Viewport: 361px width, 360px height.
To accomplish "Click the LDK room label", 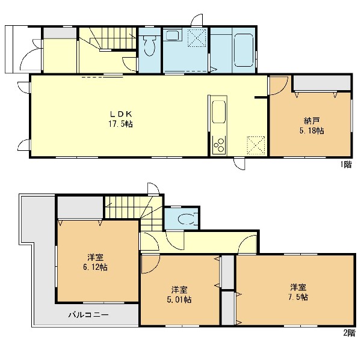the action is (x=121, y=114).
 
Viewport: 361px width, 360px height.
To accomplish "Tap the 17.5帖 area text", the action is (x=120, y=124).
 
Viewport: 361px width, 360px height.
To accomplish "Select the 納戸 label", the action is (x=312, y=121).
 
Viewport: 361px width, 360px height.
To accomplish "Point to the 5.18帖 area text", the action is (x=312, y=131).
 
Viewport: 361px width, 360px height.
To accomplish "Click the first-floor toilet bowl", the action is (x=150, y=46).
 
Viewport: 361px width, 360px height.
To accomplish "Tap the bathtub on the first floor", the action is (x=244, y=50).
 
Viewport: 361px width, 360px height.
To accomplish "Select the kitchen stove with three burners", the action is (x=219, y=145).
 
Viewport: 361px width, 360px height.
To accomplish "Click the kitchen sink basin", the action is (x=219, y=112).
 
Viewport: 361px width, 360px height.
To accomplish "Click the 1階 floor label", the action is (x=346, y=164).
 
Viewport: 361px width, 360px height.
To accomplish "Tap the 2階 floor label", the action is (x=349, y=333).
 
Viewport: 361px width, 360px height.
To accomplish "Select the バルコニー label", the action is (x=88, y=315).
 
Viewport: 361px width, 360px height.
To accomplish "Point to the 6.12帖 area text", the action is (x=95, y=267).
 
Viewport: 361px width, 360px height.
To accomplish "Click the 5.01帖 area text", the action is (x=179, y=300).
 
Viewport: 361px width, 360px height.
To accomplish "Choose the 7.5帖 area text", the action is (x=298, y=297).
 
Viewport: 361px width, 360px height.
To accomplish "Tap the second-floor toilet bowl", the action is (x=187, y=219).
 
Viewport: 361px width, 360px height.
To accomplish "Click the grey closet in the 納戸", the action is (x=322, y=83).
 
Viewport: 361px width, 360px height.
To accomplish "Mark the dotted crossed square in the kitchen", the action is (x=256, y=145).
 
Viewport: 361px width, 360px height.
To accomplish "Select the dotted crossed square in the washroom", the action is (x=197, y=38).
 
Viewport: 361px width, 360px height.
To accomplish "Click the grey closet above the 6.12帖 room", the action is (x=80, y=207).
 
